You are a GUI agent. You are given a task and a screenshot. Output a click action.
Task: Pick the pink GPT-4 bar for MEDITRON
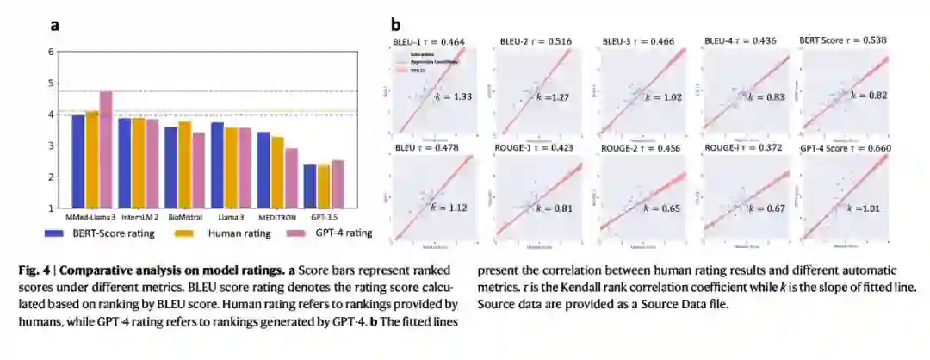pyautogui.click(x=292, y=177)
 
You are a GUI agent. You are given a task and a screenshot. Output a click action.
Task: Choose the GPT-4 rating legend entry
pyautogui.click(x=332, y=233)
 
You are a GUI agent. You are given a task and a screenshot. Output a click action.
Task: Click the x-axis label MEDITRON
pyautogui.click(x=278, y=217)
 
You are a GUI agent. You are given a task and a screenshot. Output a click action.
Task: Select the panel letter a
pyautogui.click(x=54, y=25)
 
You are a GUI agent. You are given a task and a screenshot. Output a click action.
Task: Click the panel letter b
pyautogui.click(x=396, y=25)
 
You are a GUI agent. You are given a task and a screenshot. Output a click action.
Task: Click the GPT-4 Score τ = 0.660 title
pyautogui.click(x=844, y=148)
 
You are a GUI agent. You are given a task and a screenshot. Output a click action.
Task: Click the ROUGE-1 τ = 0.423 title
pyautogui.click(x=531, y=148)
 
